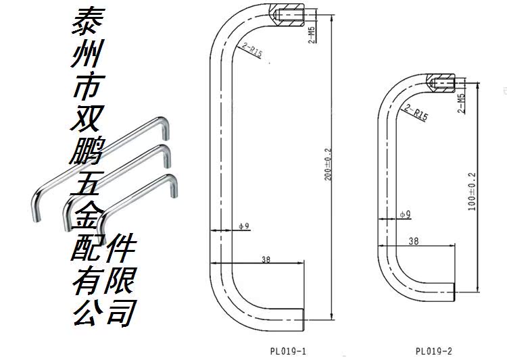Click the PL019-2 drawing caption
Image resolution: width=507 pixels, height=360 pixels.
434,351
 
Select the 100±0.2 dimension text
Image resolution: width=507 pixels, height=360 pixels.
473,190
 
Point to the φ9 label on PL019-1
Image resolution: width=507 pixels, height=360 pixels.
244,226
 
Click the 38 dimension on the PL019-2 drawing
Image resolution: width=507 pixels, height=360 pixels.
414,240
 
